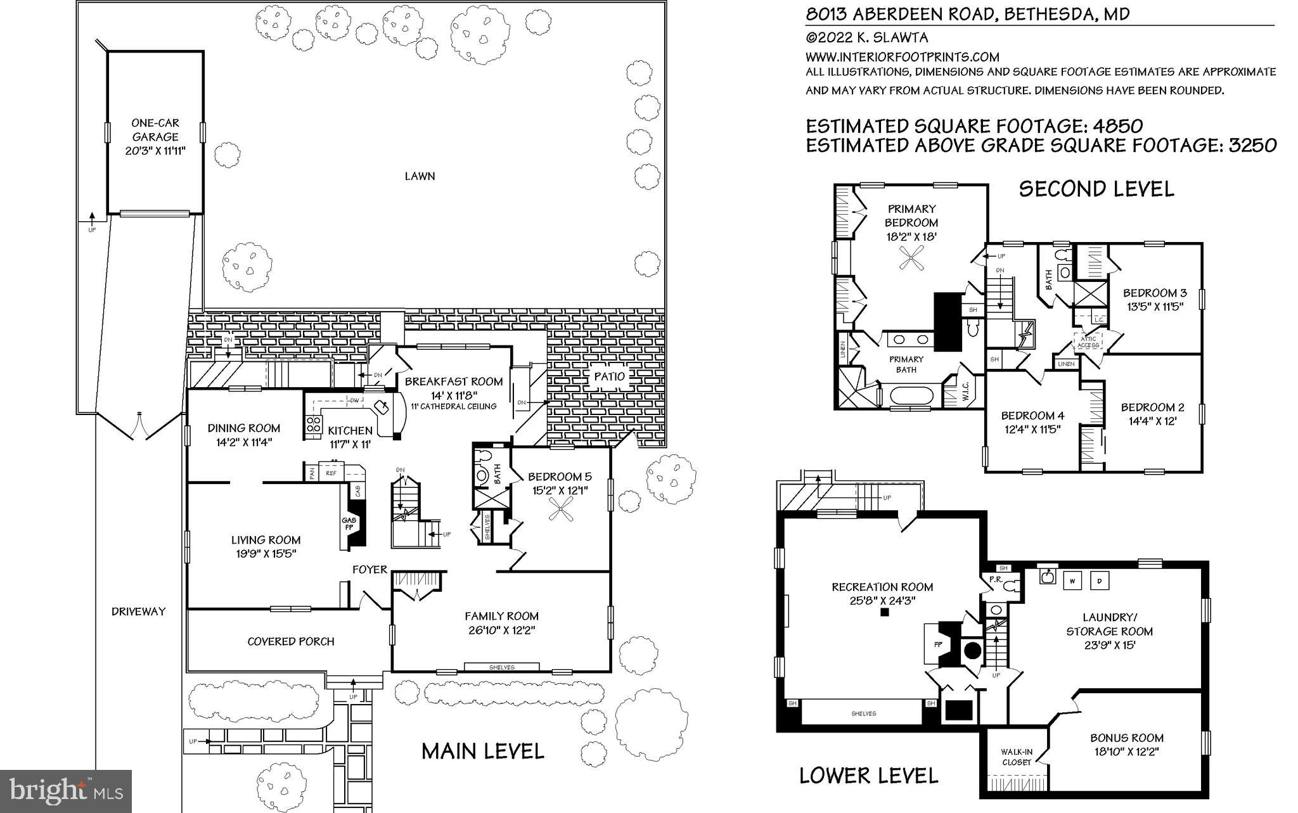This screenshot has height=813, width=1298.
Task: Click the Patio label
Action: [x=610, y=376]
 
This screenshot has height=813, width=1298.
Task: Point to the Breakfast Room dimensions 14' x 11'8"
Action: [x=454, y=394]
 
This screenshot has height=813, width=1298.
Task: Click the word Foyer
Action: [x=369, y=570]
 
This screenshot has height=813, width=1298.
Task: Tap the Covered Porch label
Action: [x=291, y=641]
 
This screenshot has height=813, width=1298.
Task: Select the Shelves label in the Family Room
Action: [x=502, y=667]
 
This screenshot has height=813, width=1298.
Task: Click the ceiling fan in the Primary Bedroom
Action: [x=911, y=258]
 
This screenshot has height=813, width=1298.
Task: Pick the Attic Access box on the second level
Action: [x=1088, y=342]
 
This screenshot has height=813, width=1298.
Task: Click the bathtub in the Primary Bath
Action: [x=911, y=397]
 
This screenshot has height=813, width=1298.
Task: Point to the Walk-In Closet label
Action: [x=1017, y=757]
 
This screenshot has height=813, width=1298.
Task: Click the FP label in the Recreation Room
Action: [x=939, y=644]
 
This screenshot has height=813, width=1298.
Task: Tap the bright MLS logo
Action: [x=66, y=791]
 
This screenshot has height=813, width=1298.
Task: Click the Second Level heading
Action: [x=1096, y=189]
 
